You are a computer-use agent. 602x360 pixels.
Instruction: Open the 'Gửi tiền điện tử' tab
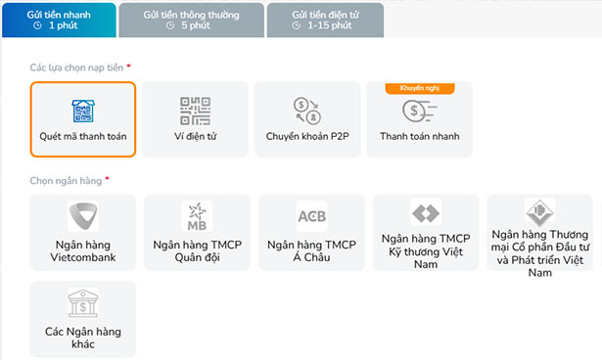(323, 19)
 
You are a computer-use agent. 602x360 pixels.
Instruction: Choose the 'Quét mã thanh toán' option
(83, 118)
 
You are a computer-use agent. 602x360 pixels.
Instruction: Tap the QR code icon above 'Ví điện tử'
(195, 110)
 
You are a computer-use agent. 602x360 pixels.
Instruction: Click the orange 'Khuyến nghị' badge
(420, 88)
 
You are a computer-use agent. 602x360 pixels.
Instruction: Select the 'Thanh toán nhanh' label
(420, 137)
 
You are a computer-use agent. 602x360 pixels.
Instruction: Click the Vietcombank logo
(83, 216)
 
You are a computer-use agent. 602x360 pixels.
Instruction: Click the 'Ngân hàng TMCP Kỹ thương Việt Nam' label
(426, 250)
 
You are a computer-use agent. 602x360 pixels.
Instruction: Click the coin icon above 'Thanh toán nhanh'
(420, 111)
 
